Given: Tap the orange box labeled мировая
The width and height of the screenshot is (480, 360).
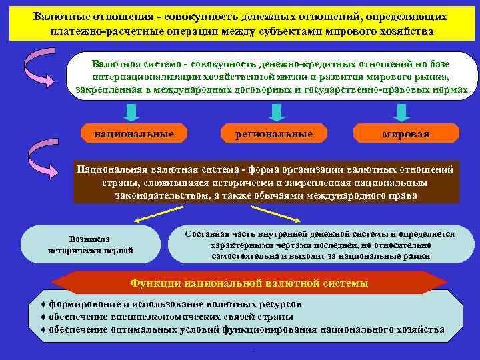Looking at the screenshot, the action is coord(405,134).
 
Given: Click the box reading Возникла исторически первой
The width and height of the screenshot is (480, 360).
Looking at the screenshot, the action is coord(91,244).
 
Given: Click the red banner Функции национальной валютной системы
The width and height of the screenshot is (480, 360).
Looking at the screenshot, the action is coord(249,283).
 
